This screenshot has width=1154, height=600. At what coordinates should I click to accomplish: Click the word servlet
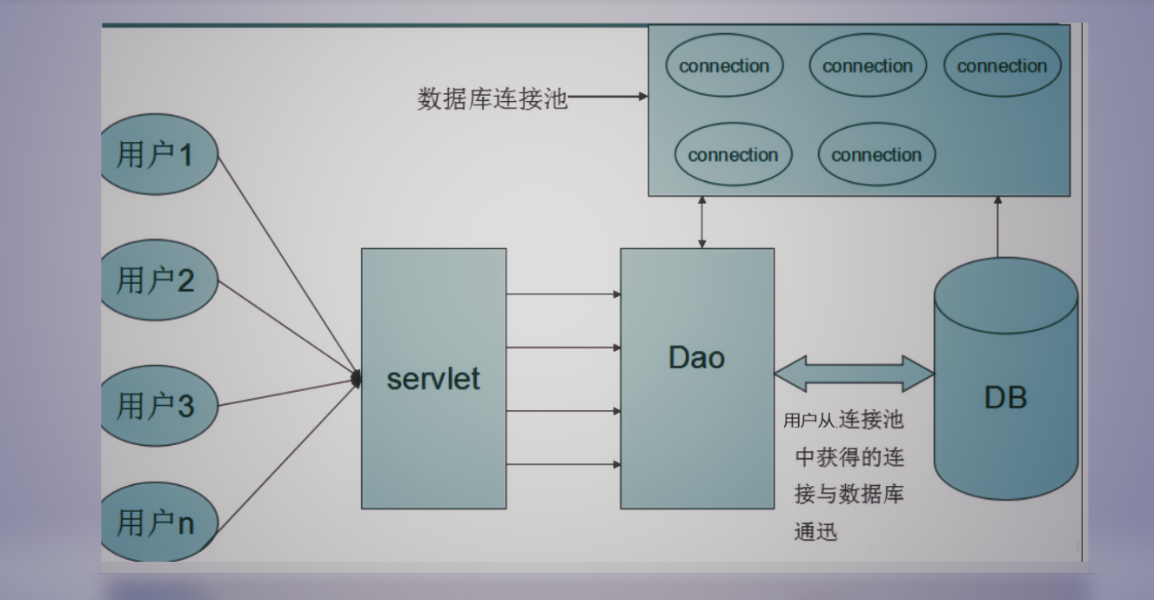[433, 379]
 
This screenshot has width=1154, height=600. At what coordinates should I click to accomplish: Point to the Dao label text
[696, 358]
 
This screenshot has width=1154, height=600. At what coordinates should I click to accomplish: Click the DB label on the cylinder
[1005, 398]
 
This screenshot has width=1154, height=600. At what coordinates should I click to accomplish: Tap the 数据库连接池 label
[492, 98]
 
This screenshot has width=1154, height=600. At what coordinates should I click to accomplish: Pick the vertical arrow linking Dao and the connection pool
[702, 222]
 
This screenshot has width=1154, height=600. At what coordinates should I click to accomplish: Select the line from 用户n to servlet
[287, 453]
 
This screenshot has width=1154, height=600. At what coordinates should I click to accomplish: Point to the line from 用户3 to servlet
[287, 393]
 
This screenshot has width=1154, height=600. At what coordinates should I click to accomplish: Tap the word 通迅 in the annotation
[816, 532]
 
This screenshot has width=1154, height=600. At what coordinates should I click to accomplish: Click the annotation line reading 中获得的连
[849, 458]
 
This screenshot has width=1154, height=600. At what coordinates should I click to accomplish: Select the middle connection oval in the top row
[868, 66]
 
